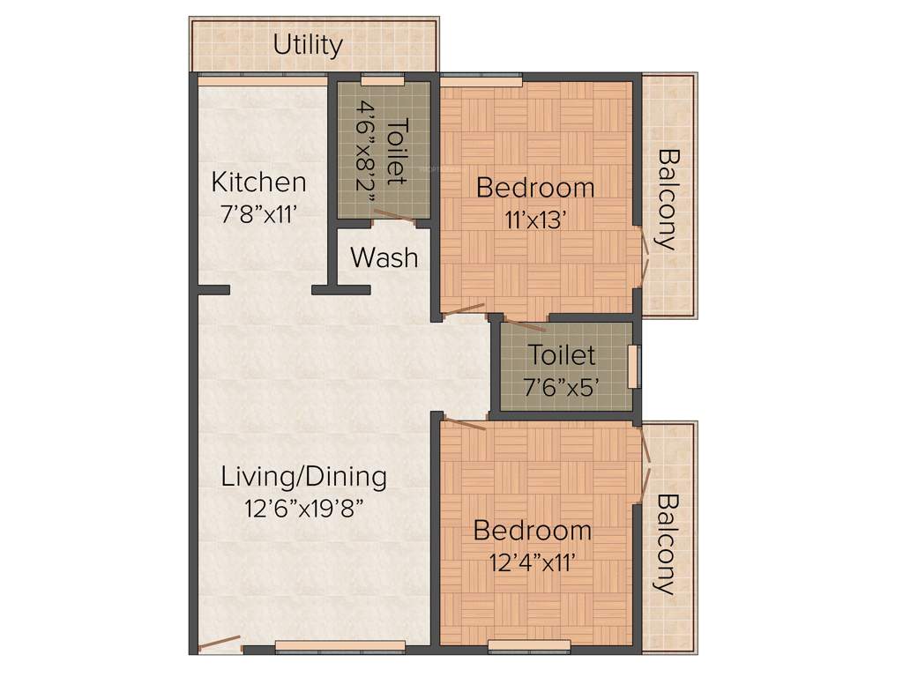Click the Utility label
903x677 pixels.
(x=308, y=44)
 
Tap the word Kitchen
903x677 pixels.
(x=259, y=182)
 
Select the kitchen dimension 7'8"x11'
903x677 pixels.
(x=259, y=212)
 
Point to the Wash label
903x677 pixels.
(x=384, y=258)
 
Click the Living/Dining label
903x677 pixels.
(x=304, y=477)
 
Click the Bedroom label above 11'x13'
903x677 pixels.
(x=535, y=188)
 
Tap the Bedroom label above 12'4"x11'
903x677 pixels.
(x=533, y=531)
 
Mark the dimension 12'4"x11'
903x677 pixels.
(x=532, y=562)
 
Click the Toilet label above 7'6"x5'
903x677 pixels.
(x=562, y=355)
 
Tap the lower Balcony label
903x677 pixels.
(x=668, y=544)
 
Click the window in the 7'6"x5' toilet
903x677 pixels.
(x=633, y=366)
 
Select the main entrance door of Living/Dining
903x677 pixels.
(x=219, y=644)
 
